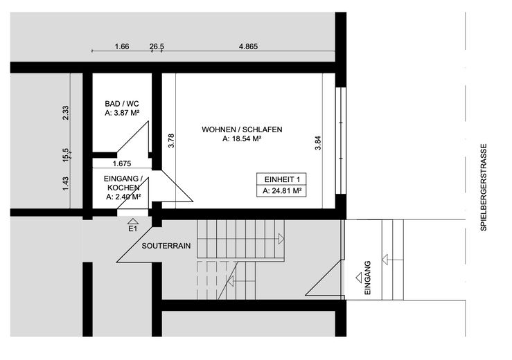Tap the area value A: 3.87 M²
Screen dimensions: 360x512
pyautogui.click(x=123, y=112)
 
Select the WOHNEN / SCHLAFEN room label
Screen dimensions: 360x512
pyautogui.click(x=242, y=129)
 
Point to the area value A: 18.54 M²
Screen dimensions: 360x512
pyautogui.click(x=242, y=139)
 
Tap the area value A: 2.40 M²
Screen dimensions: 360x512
pyautogui.click(x=123, y=197)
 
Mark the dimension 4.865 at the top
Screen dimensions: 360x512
pyautogui.click(x=248, y=47)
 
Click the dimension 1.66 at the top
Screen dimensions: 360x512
pyautogui.click(x=122, y=47)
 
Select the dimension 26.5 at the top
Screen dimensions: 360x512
pyautogui.click(x=157, y=47)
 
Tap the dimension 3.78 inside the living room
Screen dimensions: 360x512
pyautogui.click(x=171, y=141)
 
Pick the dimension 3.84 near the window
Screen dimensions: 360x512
pyautogui.click(x=318, y=143)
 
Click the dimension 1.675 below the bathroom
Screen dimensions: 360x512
pyautogui.click(x=122, y=164)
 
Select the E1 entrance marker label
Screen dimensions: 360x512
pyautogui.click(x=132, y=228)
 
